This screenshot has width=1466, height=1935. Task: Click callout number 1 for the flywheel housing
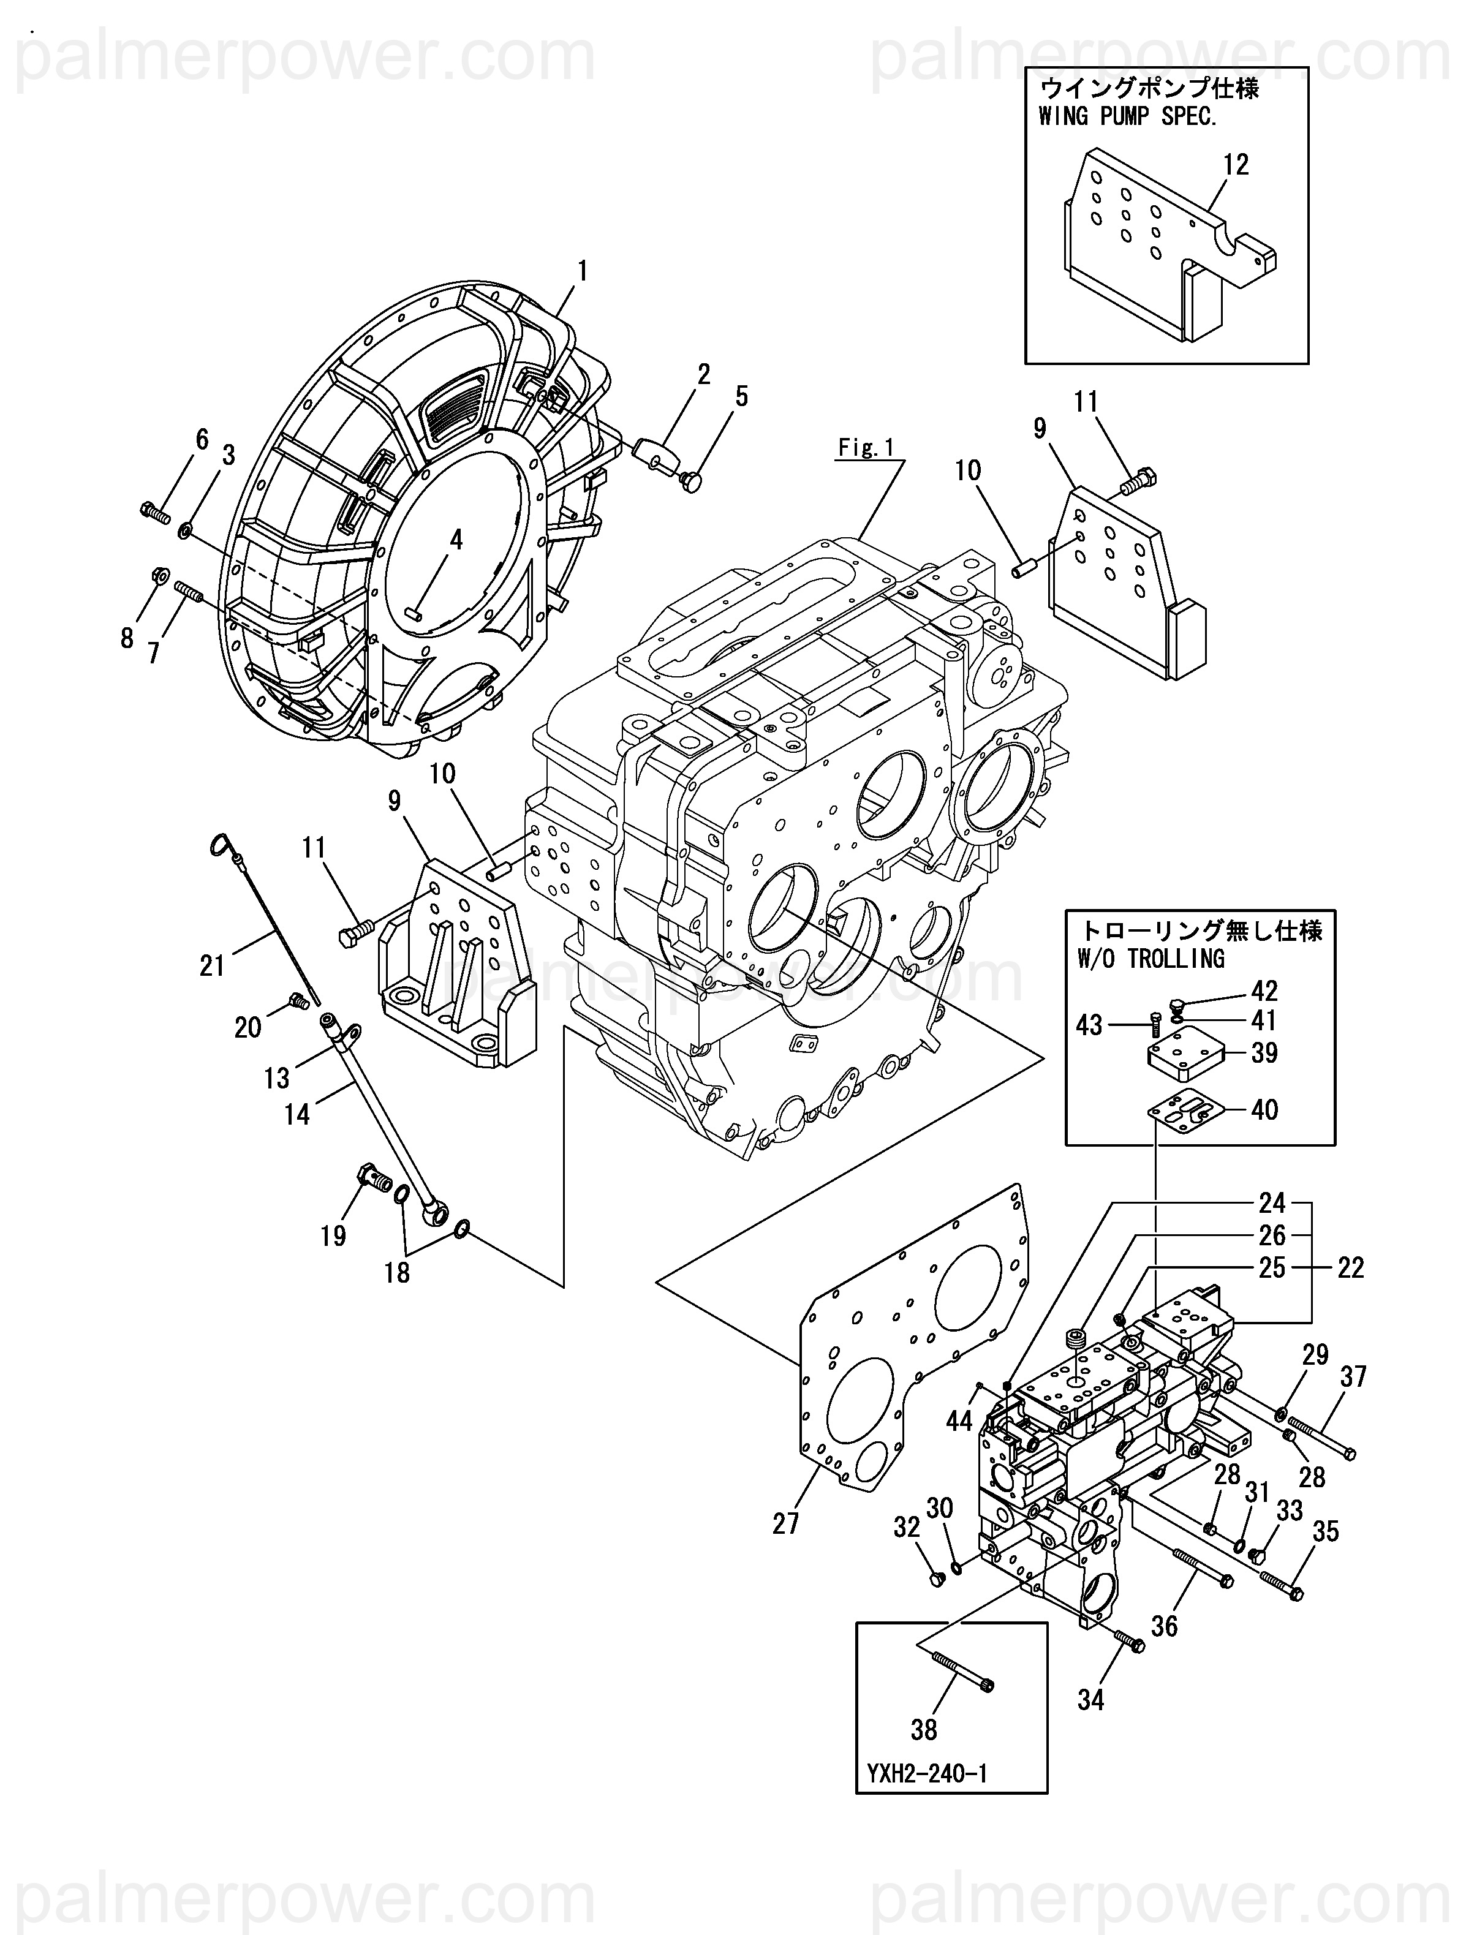581,272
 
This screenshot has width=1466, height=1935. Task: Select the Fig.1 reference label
866,448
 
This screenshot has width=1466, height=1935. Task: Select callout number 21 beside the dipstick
213,966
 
